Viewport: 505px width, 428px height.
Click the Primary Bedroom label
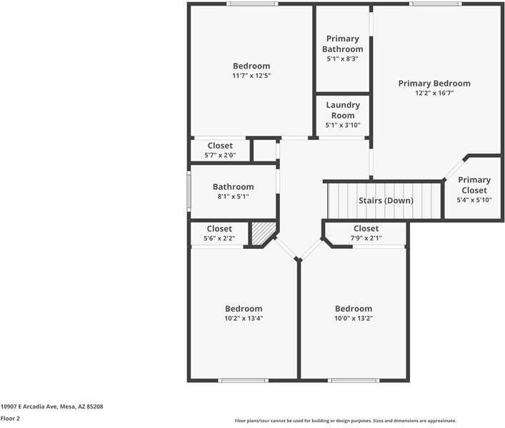point(434,83)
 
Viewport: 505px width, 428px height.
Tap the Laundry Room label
point(343,110)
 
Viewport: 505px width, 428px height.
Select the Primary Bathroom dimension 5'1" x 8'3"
point(343,59)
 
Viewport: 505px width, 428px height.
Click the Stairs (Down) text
point(386,200)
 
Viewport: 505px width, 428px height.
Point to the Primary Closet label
point(474,185)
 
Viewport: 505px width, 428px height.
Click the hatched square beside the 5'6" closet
point(262,233)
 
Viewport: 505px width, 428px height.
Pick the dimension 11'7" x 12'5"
point(251,76)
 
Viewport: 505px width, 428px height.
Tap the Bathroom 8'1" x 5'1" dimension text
point(233,197)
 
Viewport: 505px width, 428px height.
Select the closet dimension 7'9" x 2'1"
point(366,238)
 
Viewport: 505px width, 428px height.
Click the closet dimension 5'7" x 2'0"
point(220,156)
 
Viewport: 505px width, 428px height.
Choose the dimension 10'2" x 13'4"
point(244,319)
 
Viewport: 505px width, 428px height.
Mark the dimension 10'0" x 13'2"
point(354,319)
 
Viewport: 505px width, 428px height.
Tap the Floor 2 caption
point(10,419)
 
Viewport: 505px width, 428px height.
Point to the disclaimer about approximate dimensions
point(346,421)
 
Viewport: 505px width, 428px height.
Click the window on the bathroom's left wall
point(189,191)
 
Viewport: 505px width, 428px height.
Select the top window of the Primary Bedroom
point(436,4)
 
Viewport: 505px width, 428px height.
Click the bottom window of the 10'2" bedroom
point(243,380)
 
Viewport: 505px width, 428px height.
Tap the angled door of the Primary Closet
point(453,168)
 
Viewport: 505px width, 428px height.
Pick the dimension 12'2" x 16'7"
point(434,93)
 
